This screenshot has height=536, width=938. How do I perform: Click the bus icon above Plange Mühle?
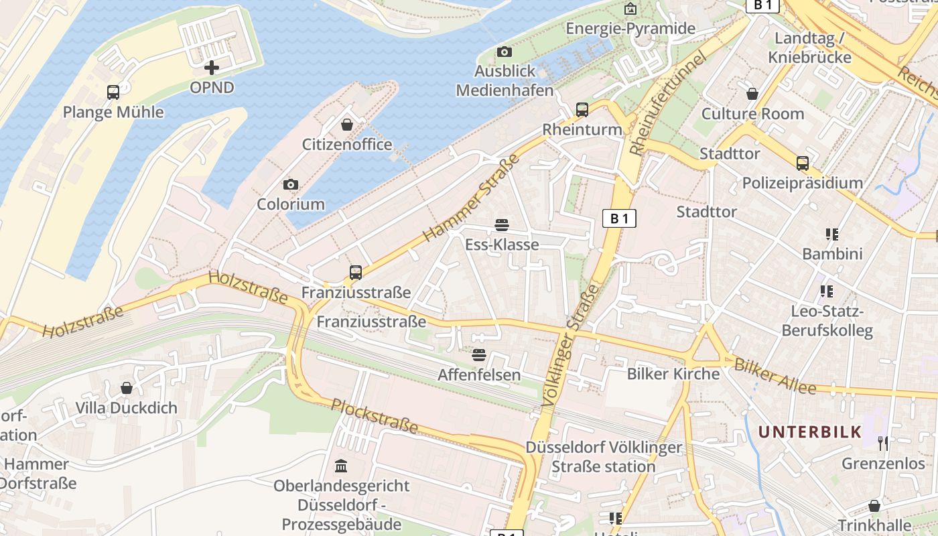113,92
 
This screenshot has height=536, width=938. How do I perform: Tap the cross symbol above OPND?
212,68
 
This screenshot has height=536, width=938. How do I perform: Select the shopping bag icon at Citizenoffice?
347,125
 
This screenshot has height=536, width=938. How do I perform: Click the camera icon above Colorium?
291,184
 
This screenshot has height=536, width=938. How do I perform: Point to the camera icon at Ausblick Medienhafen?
505,52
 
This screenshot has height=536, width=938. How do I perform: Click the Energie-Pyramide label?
630,28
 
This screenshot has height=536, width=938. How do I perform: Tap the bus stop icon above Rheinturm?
582,109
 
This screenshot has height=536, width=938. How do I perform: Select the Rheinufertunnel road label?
668,105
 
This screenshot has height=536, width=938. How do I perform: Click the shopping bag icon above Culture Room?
752,94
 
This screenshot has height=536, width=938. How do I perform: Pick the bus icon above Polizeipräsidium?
803,163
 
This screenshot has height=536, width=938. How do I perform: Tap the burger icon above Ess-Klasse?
502,224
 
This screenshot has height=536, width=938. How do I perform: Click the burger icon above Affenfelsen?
478,354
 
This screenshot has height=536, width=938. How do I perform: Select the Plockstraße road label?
375,415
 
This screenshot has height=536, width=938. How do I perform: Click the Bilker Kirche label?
673,374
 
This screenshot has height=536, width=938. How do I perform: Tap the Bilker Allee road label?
775,377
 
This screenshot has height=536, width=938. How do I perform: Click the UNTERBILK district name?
809,432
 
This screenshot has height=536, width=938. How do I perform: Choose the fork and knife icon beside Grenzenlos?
883,443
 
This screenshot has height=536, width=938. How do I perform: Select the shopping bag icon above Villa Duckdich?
127,388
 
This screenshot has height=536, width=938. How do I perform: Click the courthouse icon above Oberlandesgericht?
341,466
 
